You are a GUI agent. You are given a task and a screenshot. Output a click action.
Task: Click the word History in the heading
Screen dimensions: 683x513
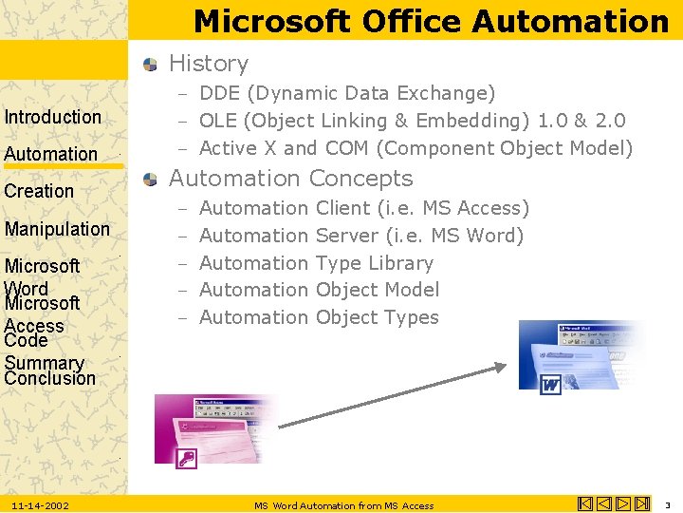point(209,64)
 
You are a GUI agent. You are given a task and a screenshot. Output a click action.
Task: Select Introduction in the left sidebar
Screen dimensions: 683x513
point(53,117)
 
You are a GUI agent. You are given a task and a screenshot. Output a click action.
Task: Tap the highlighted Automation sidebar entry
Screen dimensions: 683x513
point(51,154)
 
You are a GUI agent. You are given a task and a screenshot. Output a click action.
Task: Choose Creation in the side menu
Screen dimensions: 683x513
point(39,191)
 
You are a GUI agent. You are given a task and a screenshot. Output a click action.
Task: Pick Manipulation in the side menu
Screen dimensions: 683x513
point(57,229)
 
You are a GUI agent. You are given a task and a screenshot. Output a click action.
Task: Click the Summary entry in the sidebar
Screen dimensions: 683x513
point(45,362)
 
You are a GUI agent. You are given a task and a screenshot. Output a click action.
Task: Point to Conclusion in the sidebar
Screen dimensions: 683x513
point(50,378)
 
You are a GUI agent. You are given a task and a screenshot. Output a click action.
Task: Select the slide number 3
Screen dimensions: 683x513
point(667,504)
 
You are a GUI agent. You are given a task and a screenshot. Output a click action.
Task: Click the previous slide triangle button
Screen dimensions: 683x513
point(604,504)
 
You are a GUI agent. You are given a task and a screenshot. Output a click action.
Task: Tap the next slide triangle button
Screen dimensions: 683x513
point(623,504)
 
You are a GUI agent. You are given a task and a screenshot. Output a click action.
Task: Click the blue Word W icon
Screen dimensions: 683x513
point(550,385)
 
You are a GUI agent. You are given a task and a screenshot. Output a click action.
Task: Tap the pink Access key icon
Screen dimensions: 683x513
point(186,459)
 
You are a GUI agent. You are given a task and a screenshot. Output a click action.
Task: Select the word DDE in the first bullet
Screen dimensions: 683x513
point(219,93)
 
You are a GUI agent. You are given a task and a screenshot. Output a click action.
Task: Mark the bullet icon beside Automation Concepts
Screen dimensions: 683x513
point(151,179)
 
